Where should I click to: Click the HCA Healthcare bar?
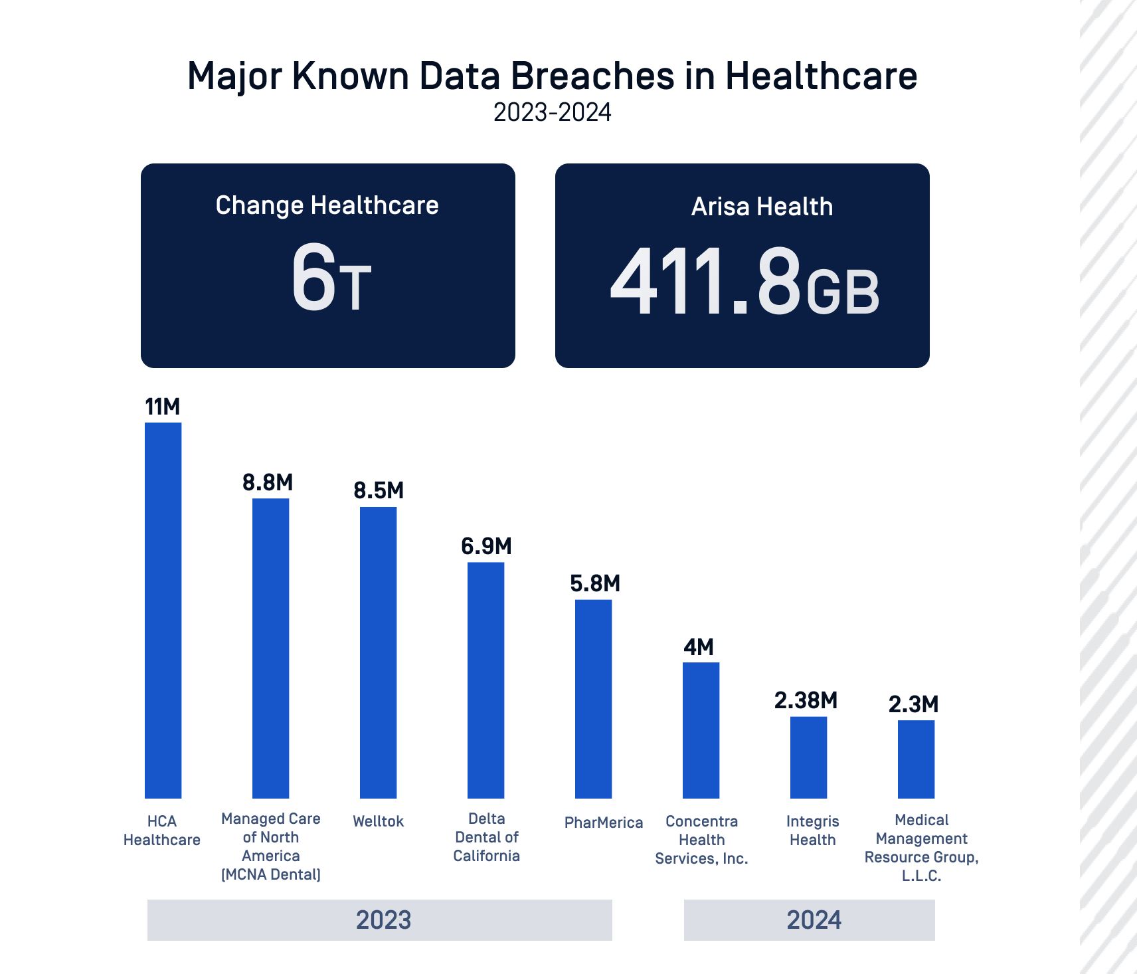(163, 610)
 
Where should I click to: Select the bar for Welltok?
(378, 652)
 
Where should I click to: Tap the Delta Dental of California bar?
(485, 680)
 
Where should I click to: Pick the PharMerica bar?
(593, 699)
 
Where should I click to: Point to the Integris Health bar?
(808, 757)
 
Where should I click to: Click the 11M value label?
(163, 407)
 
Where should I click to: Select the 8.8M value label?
(268, 482)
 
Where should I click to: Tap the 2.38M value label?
(806, 700)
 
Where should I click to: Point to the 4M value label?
(699, 647)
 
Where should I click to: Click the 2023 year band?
(379, 920)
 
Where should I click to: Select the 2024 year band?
(809, 920)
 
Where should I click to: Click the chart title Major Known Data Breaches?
(552, 76)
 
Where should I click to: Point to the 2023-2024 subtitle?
(552, 113)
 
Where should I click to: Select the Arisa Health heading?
(762, 207)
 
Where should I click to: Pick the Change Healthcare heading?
(327, 205)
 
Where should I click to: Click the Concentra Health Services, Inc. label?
(701, 840)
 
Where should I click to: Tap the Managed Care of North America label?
(271, 846)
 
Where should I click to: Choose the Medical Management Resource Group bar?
(916, 759)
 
